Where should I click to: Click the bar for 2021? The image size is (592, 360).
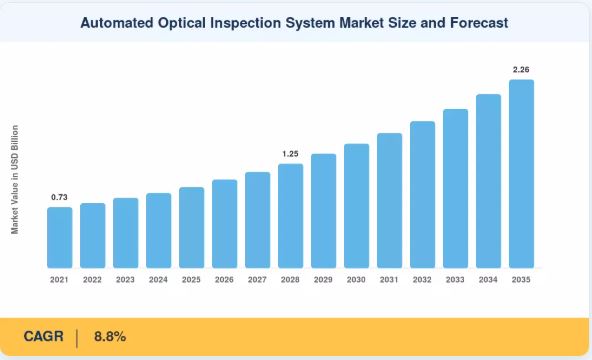60,237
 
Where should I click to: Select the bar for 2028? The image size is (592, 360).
290,216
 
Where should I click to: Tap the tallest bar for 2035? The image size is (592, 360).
521,174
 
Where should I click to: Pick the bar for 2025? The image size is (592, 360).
191,228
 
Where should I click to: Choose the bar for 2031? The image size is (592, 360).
389,200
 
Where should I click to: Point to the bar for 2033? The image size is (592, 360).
455,188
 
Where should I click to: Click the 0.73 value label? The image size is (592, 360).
59,197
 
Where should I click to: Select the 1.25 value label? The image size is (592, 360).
290,154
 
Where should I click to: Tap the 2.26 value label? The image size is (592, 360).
521,69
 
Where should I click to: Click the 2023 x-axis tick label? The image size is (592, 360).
125,280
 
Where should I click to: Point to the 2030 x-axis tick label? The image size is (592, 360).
356,280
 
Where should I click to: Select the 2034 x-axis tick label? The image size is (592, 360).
488,280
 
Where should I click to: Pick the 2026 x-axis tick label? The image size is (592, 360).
224,280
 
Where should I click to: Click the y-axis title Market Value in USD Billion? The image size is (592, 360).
15,180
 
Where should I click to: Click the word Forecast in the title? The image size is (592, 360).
479,23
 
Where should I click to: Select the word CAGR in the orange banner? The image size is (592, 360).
43,336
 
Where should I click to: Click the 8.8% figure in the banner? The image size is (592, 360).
110,336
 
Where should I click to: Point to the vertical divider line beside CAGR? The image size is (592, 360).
77,338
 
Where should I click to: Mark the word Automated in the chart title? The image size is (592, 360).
117,23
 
